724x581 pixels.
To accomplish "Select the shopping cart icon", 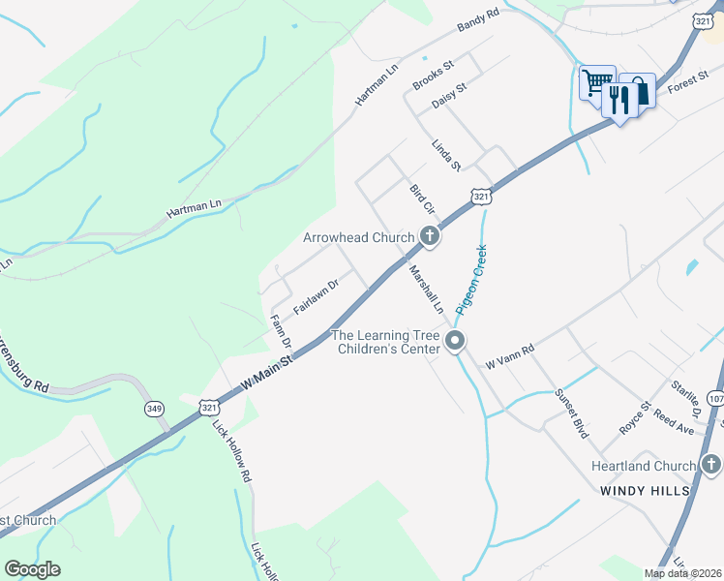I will point(595,82).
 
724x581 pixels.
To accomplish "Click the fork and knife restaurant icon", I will point(618,98).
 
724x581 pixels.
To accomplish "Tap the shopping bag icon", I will point(639,91).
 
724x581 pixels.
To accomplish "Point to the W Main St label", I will point(266,371).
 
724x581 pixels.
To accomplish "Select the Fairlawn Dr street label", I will point(316,295).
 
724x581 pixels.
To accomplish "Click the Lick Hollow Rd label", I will point(233,451).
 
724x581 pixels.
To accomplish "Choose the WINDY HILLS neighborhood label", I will point(645,491).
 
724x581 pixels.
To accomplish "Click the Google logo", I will point(32,569).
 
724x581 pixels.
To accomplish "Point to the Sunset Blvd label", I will point(571,414).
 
